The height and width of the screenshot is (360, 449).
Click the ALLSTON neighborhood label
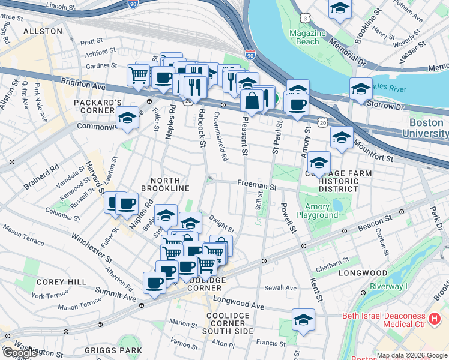[43, 31]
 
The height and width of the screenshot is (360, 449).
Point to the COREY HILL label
[55, 281]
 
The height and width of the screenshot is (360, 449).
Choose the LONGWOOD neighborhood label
[363, 273]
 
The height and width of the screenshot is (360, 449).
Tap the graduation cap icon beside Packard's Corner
[128, 118]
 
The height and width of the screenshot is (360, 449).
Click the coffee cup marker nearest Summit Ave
[154, 283]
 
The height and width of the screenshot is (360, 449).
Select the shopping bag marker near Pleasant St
[252, 100]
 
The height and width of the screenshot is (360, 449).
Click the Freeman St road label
[256, 186]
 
